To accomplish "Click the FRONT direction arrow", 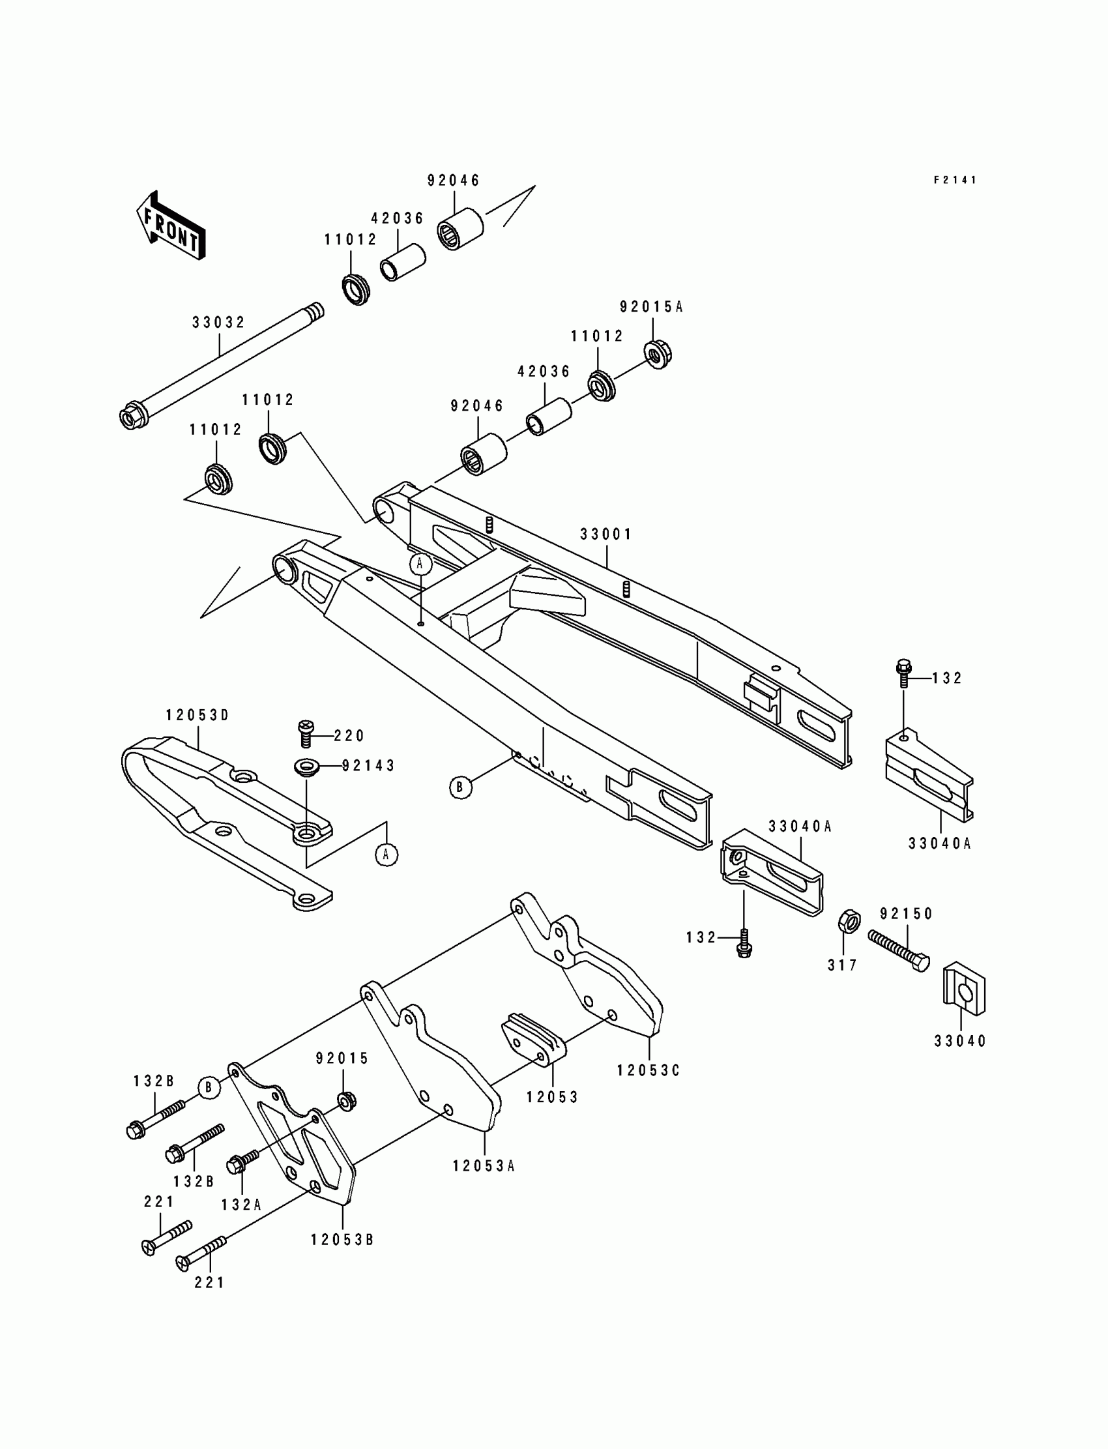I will click(x=171, y=226).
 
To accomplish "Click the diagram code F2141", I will click(x=954, y=180).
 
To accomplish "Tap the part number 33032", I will click(x=218, y=323).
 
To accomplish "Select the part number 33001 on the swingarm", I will click(x=605, y=534).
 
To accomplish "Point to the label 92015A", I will click(x=651, y=307).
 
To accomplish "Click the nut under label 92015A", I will click(x=657, y=355).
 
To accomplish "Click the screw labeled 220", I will click(x=306, y=733).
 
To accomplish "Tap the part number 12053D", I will click(x=197, y=716).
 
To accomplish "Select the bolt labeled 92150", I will click(x=898, y=948).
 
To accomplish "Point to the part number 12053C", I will click(x=648, y=1070).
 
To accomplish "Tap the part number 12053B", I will click(x=342, y=1240).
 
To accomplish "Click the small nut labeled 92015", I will click(x=346, y=1100).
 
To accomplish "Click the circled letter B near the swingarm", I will click(x=460, y=787).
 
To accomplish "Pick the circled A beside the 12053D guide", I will click(x=386, y=855).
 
